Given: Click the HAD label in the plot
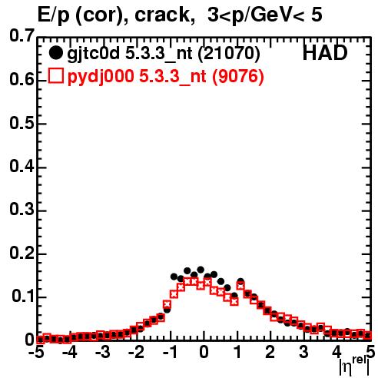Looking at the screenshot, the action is (x=325, y=53).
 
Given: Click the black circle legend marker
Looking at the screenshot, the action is (x=55, y=53).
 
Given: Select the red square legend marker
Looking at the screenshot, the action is (x=55, y=76).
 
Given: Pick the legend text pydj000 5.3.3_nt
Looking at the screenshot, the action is (x=137, y=77).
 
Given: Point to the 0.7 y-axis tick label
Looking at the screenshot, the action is (x=22, y=35).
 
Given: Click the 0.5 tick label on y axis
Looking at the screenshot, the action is (x=22, y=123).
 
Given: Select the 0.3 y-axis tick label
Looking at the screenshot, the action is (x=22, y=210).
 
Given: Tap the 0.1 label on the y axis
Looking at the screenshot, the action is (x=22, y=296).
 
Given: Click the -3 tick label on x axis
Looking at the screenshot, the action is (x=103, y=352).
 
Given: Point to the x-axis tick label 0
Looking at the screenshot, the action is (x=204, y=352).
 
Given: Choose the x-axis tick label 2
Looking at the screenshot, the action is (x=270, y=352).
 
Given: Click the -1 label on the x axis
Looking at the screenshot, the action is (x=170, y=352).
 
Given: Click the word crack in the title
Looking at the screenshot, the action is (x=162, y=15).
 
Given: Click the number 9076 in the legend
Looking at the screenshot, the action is (x=238, y=77).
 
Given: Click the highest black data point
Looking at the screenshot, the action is (x=201, y=270).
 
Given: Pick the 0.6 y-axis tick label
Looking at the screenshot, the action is (x=22, y=80).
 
